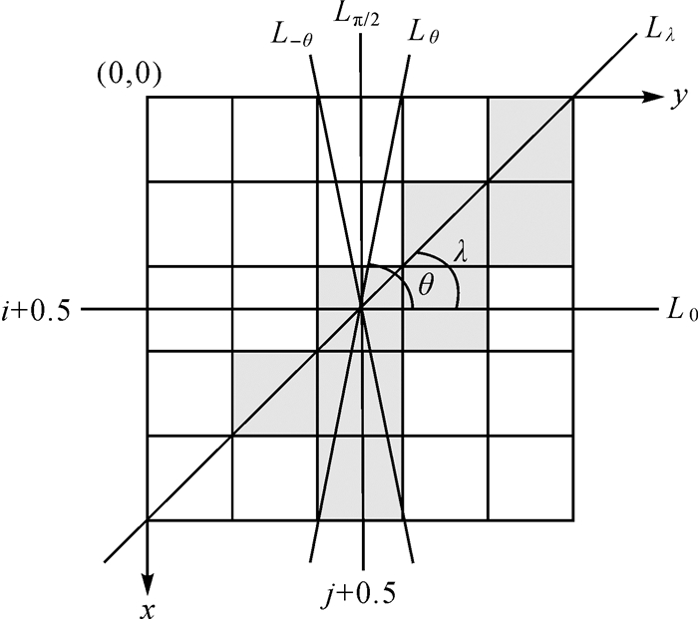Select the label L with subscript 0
point(677,311)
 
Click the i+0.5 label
point(38,310)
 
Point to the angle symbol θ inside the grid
point(427,287)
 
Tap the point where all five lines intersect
point(361,310)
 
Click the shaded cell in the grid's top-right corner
point(530,140)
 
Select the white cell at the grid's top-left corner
point(189,140)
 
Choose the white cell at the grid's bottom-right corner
point(530,477)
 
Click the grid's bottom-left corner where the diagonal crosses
point(148,519)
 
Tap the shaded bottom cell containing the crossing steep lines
point(361,477)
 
